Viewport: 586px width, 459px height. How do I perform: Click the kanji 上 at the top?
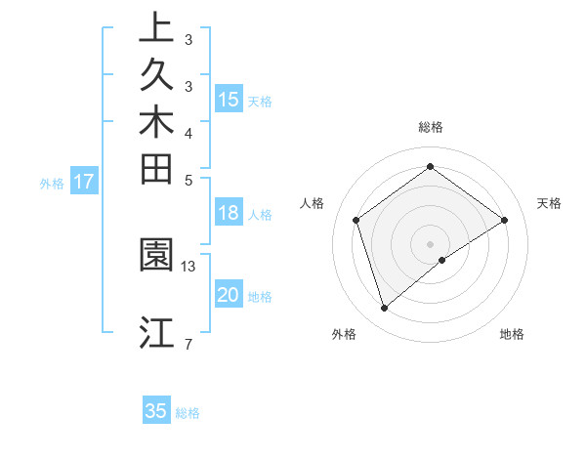tap(156, 28)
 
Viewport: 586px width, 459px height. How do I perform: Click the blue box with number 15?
tap(229, 99)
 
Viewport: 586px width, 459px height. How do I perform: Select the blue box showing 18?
tap(229, 214)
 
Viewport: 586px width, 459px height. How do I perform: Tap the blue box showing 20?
tap(229, 295)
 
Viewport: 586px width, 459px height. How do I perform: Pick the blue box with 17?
tap(84, 181)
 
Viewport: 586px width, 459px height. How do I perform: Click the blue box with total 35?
tap(156, 411)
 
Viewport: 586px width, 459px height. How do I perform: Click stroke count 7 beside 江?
tap(188, 343)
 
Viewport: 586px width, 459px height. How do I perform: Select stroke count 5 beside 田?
tap(188, 180)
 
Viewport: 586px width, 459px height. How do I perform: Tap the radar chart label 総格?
tap(431, 127)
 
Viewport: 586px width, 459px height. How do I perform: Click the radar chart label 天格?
tap(550, 203)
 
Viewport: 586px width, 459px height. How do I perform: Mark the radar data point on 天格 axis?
tap(505, 220)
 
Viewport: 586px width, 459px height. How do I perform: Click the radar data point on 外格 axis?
tap(385, 309)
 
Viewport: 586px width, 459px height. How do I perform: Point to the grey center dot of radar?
tap(431, 244)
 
